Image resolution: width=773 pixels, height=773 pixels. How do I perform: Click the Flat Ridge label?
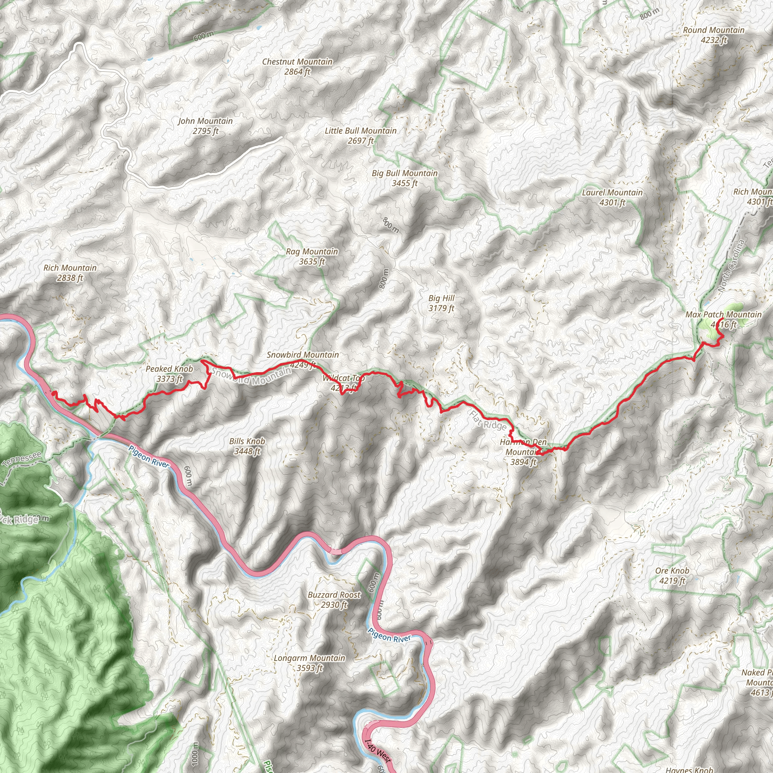pos(488,420)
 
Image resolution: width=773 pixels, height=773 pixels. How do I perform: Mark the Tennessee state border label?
pos(22,460)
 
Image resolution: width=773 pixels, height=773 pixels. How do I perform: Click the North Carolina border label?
pos(731,266)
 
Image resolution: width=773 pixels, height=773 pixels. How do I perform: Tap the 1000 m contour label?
pos(194,753)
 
